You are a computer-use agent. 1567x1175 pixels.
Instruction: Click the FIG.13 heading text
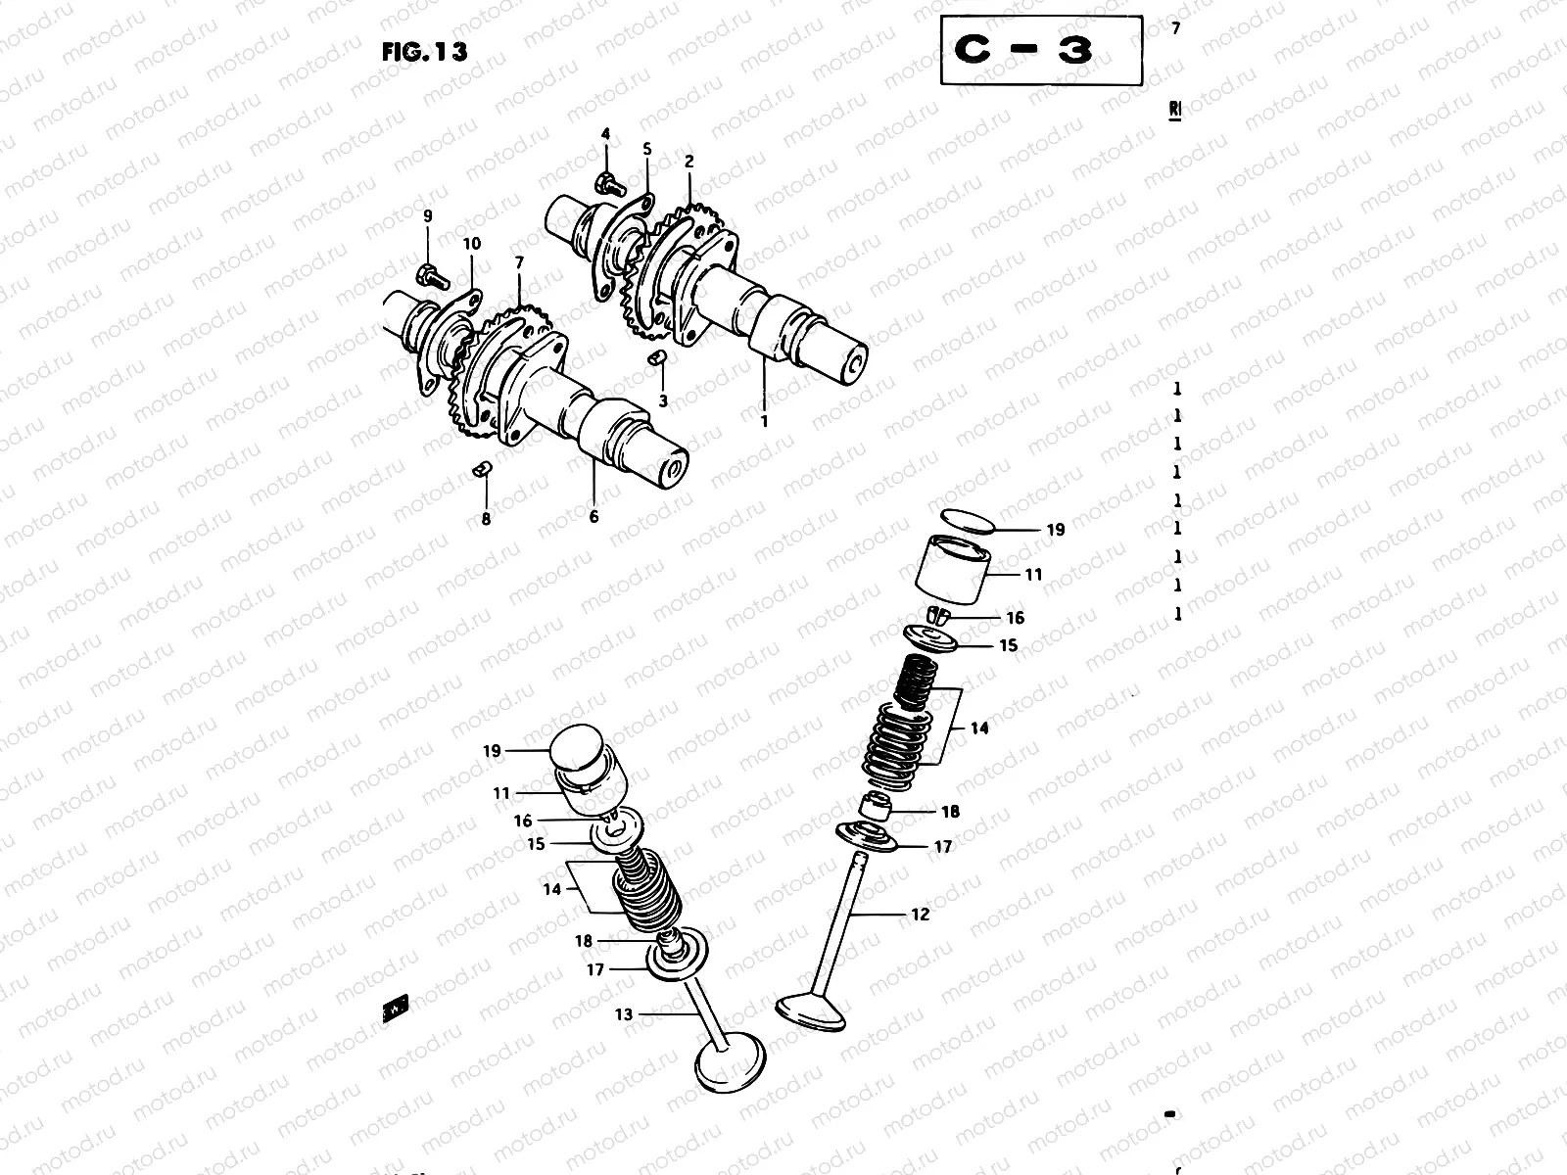tap(424, 52)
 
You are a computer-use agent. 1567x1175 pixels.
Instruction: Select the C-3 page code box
tap(1040, 50)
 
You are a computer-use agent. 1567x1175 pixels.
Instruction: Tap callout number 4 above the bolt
tap(605, 133)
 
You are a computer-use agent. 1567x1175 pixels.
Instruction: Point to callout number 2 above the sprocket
tap(689, 161)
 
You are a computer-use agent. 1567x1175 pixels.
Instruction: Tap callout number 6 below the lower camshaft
tap(594, 516)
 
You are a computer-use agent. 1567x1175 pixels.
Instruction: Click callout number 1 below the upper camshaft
tap(765, 421)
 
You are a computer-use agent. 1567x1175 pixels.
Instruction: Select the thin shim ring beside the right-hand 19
tap(967, 520)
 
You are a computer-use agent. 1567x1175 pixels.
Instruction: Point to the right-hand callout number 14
tap(979, 728)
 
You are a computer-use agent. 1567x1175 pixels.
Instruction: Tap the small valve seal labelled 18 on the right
tap(876, 809)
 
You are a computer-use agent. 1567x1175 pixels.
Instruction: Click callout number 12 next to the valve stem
tap(919, 915)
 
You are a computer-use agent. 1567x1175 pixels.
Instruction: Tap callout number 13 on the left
tap(624, 1014)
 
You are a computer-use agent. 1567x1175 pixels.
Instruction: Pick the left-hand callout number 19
tap(491, 751)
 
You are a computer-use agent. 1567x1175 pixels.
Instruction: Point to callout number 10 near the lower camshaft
tap(472, 244)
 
